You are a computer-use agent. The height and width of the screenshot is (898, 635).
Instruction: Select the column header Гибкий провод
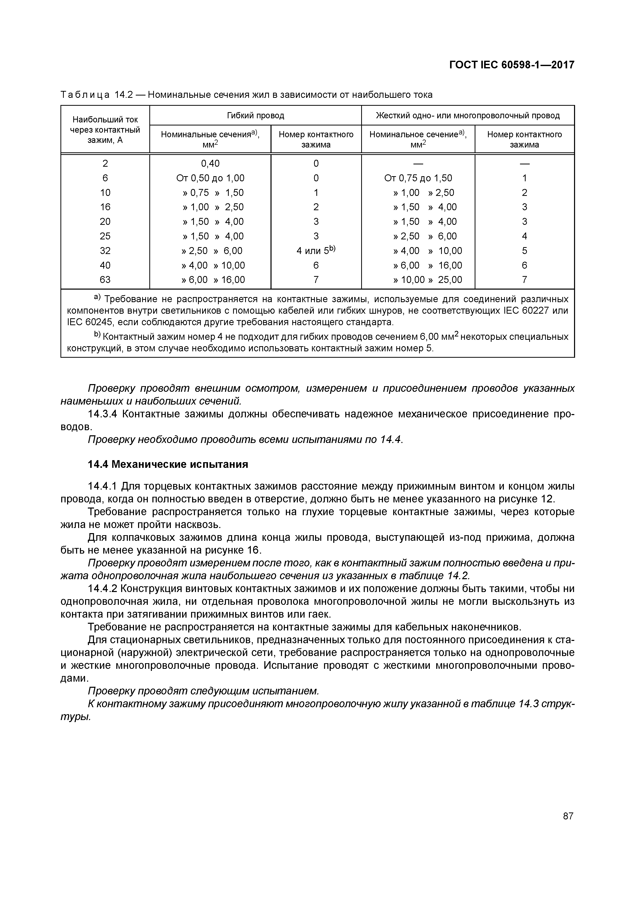pos(255,115)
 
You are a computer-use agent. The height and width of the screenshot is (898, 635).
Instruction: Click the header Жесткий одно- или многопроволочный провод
pos(467,115)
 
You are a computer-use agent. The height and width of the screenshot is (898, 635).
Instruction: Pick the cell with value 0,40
pos(210,163)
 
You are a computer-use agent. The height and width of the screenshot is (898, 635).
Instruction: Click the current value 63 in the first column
pos(105,280)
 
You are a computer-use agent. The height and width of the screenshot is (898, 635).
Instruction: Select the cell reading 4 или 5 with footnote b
pos(316,250)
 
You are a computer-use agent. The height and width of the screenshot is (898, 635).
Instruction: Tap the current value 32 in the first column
pos(105,251)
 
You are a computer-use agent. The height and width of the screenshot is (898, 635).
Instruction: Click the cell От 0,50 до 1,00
pos(210,178)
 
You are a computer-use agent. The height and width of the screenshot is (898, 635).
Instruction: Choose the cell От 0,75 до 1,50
pos(418,178)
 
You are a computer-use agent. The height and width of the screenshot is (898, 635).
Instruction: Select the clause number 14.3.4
pos(102,414)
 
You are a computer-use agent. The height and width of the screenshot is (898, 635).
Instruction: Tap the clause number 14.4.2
pos(102,589)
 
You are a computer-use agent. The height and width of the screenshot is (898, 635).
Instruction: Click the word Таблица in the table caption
pos(85,95)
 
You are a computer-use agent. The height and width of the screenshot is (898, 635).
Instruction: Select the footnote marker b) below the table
pos(97,335)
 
